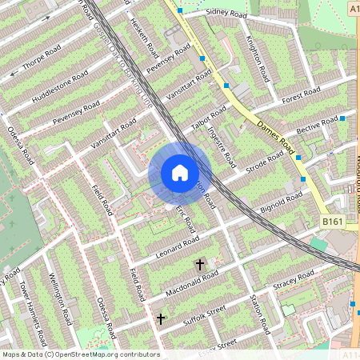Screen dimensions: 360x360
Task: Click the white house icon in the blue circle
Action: click(x=180, y=173)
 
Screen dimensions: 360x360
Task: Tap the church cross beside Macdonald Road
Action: click(x=200, y=262)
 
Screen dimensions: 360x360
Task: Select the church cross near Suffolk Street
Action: click(x=161, y=318)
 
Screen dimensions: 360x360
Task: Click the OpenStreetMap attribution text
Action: click(x=80, y=354)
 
